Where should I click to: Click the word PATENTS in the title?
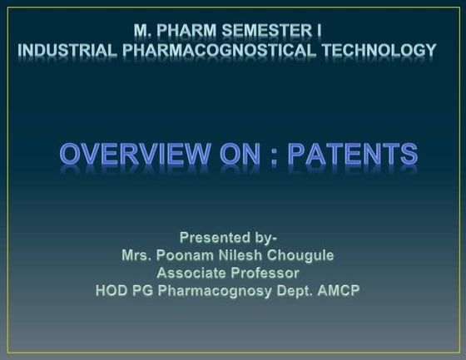(x=358, y=154)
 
